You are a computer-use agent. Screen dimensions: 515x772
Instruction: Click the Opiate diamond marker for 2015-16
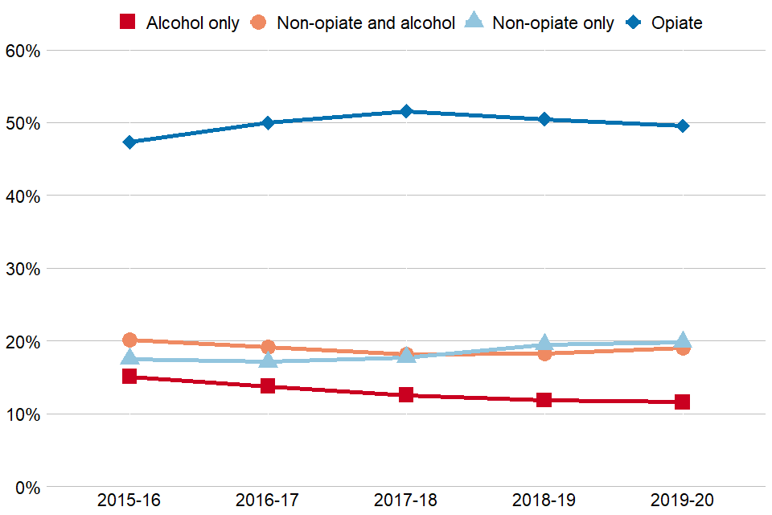(x=129, y=142)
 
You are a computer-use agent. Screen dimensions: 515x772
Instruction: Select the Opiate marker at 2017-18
(x=406, y=111)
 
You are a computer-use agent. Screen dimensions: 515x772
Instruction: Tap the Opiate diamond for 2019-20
(x=683, y=126)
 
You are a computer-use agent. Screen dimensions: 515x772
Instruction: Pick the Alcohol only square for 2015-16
(x=129, y=376)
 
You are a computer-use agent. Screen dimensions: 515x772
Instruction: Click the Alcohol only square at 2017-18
(x=406, y=394)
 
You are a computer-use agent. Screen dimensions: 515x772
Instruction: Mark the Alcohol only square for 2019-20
(x=683, y=402)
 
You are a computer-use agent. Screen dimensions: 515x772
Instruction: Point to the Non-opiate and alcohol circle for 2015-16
(x=129, y=340)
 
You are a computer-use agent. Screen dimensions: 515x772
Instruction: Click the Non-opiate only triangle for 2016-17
(x=268, y=360)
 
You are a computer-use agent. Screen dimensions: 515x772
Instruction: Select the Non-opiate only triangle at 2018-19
(x=544, y=344)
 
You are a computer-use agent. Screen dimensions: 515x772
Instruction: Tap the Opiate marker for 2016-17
(x=268, y=123)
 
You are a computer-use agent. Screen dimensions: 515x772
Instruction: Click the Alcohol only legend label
(x=192, y=23)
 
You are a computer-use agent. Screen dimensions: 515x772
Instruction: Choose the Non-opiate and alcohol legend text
(x=366, y=23)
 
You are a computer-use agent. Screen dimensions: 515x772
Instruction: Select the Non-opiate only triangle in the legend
(x=475, y=22)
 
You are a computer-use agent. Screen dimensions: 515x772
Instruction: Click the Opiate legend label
(x=677, y=23)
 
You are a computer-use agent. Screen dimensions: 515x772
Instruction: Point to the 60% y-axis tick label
(x=23, y=51)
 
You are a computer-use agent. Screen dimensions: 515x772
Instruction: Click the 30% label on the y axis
(x=23, y=269)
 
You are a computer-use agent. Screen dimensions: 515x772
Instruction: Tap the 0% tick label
(x=27, y=487)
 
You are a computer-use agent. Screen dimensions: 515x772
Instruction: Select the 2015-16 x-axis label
(x=129, y=501)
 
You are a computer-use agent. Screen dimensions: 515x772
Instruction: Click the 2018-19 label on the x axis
(x=544, y=501)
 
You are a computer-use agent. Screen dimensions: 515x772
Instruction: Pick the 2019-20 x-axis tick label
(x=683, y=501)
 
